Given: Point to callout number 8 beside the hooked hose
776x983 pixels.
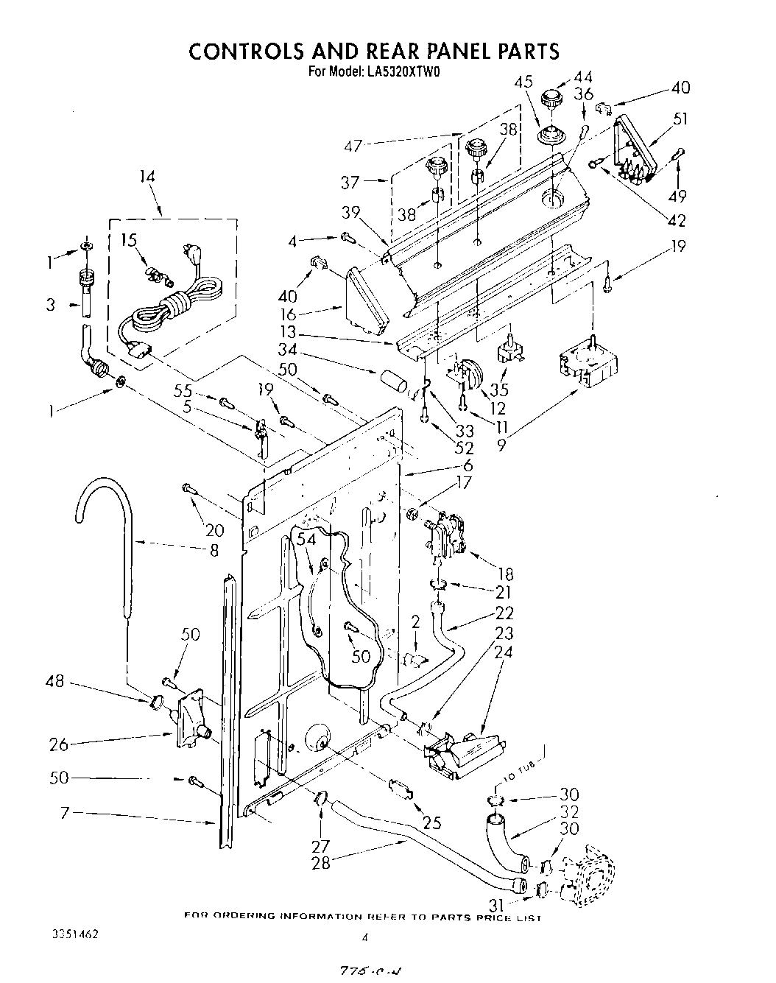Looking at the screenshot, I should point(214,549).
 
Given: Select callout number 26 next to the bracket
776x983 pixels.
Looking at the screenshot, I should point(58,744).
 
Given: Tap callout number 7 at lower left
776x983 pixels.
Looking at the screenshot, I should point(64,813).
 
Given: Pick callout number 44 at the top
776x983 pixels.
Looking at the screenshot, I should point(583,77).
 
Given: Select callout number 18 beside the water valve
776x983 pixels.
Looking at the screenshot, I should point(505,574).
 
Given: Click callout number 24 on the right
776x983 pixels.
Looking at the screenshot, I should point(504,652).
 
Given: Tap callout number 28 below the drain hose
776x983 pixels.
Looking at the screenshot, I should point(321,862).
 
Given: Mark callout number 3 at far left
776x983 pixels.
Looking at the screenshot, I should point(50,304).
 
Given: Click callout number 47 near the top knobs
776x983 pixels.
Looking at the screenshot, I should point(353,145).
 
